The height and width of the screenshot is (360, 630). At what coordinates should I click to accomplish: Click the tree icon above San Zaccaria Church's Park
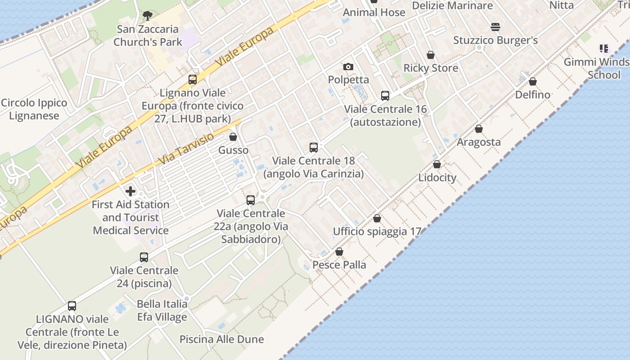147,16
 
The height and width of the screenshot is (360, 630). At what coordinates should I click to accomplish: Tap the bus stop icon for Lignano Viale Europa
193,80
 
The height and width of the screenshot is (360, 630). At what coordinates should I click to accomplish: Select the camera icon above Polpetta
348,67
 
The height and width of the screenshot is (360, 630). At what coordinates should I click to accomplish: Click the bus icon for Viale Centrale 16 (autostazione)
385,95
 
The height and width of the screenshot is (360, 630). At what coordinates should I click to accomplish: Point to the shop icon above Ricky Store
431,55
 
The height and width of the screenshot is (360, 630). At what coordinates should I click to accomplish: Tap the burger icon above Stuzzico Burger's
495,27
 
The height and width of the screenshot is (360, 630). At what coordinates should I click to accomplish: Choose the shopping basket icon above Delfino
533,81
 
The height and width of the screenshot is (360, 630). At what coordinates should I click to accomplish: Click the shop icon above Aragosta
479,129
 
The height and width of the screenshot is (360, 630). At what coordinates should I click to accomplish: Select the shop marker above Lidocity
437,164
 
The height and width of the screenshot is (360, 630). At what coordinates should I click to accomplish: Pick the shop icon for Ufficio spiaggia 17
377,218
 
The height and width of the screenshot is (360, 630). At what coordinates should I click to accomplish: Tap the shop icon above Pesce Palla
339,252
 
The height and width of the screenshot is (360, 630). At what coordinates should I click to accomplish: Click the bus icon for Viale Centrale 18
314,147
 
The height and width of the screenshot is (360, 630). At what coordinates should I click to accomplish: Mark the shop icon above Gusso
233,137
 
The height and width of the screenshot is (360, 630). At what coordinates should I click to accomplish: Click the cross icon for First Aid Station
130,191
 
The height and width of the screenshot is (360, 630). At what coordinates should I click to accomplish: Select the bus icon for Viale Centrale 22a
251,200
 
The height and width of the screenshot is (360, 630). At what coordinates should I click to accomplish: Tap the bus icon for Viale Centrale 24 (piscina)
144,257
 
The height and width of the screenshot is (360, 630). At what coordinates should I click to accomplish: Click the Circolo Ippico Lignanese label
34,109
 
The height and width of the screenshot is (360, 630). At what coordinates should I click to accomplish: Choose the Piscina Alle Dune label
222,339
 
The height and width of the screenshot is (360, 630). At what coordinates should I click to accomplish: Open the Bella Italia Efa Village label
162,310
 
